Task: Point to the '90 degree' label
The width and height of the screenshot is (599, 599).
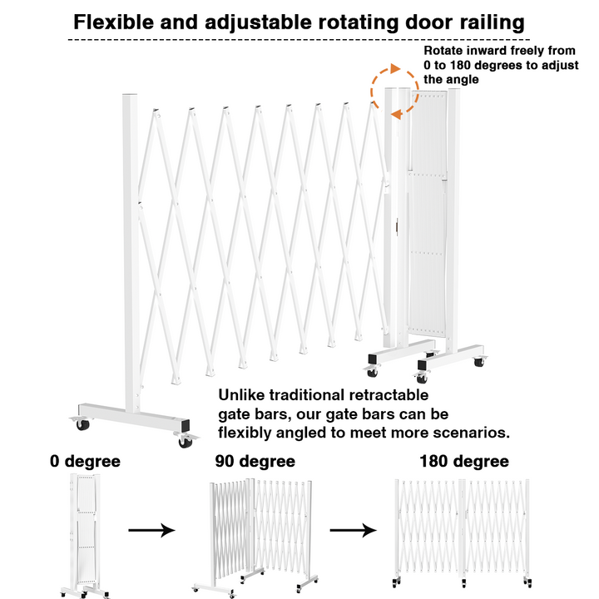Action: [x=254, y=461]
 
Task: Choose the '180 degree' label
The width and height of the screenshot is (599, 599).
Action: [x=463, y=461]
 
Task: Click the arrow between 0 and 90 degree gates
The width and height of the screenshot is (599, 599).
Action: [x=152, y=529]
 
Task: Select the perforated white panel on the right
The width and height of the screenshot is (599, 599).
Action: [x=429, y=216]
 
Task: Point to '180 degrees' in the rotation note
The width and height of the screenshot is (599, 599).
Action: [x=478, y=65]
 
